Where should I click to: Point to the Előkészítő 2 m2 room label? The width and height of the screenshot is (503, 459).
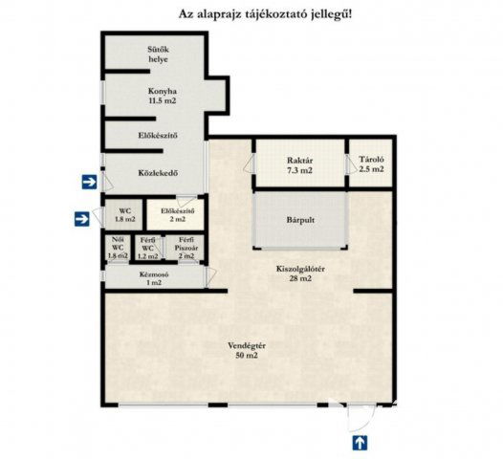coord(178,214)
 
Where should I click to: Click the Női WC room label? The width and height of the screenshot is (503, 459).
coord(117,247)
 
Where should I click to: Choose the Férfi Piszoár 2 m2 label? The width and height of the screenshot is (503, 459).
coord(186,247)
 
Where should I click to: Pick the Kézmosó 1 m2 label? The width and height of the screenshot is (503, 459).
coord(152,277)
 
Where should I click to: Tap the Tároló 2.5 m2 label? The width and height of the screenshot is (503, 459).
coord(370,164)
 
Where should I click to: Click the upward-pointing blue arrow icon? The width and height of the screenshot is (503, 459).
coord(360,442)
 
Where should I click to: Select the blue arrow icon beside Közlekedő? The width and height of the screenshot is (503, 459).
coord(88,180)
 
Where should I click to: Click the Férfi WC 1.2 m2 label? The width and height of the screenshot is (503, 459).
coord(147,247)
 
